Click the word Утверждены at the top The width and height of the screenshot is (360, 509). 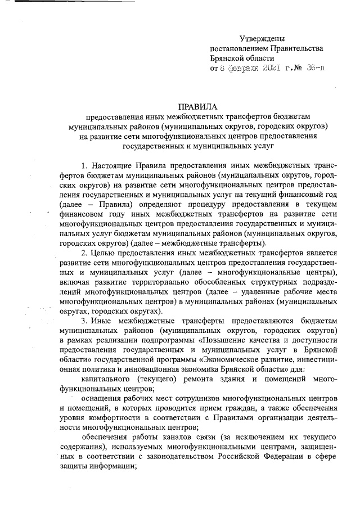coord(262,39)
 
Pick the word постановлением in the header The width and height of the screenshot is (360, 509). coord(236,48)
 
